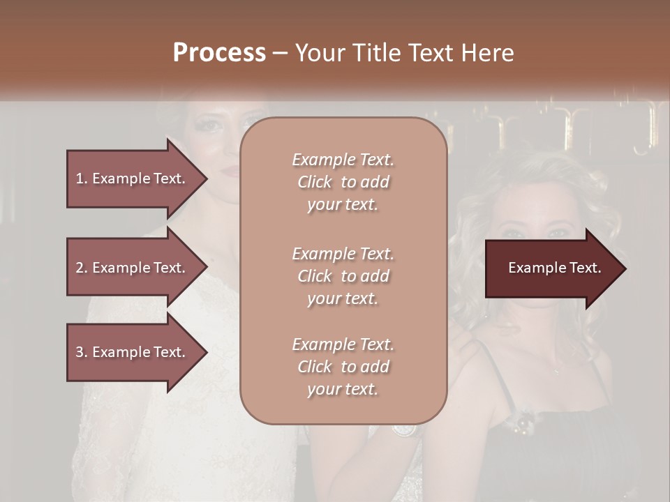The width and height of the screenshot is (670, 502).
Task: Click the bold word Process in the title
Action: (x=219, y=53)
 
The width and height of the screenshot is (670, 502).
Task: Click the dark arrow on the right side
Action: (x=551, y=268)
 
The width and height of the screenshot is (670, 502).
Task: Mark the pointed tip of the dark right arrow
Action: (x=625, y=268)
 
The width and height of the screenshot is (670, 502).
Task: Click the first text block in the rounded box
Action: (x=343, y=182)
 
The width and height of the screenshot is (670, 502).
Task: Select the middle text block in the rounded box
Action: (x=343, y=276)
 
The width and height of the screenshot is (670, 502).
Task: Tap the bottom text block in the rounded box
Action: (x=343, y=367)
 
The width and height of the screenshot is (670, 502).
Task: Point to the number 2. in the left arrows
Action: (x=81, y=268)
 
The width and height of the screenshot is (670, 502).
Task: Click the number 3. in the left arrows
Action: (x=81, y=352)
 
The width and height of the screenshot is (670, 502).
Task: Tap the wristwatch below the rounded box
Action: (x=403, y=429)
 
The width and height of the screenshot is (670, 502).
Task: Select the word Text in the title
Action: (x=427, y=53)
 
